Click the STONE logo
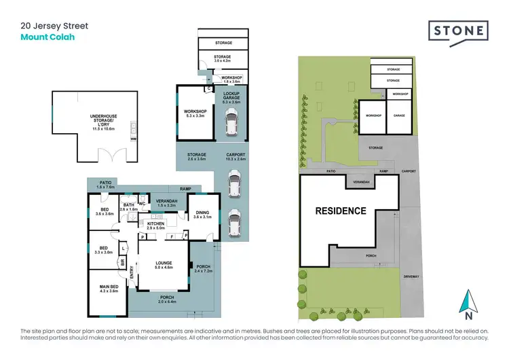458,32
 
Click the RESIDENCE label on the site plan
340,211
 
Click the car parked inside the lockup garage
231,123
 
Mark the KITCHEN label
156,226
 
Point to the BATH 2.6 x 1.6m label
129,207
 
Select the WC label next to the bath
143,204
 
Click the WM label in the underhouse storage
133,139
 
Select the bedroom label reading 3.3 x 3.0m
105,250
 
